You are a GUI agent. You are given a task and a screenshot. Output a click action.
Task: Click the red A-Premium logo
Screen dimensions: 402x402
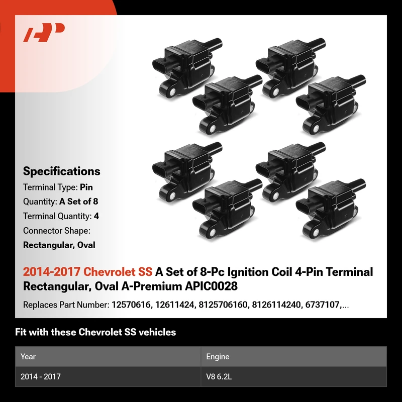pyautogui.click(x=44, y=32)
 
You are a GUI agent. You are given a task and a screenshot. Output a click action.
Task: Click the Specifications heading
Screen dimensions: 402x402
pyautogui.click(x=61, y=171)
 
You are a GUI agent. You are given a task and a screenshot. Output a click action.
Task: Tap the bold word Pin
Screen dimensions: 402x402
pyautogui.click(x=86, y=187)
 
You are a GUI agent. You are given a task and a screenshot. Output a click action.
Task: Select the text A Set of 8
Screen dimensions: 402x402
pyautogui.click(x=79, y=202)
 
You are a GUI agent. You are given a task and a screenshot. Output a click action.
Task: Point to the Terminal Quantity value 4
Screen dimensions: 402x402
pyautogui.click(x=96, y=216)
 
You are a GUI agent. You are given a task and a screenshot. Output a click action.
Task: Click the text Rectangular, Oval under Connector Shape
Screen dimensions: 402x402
pyautogui.click(x=59, y=245)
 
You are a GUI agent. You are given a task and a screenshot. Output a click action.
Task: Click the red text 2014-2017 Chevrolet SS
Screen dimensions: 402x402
pyautogui.click(x=87, y=272)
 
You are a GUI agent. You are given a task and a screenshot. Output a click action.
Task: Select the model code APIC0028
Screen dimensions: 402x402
pyautogui.click(x=211, y=286)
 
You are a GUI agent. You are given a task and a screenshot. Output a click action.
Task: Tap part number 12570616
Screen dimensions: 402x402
pyautogui.click(x=131, y=305)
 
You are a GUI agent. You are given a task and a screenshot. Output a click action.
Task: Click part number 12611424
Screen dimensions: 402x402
pyautogui.click(x=174, y=305)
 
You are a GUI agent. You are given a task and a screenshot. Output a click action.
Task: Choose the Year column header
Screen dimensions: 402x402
pyautogui.click(x=28, y=357)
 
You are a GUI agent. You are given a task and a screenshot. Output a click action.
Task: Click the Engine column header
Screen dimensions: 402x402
pyautogui.click(x=218, y=357)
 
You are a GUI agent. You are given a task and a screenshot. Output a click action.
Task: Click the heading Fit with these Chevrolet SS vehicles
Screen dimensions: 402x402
pyautogui.click(x=95, y=332)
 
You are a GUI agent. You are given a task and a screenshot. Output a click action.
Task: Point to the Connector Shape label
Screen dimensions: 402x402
pyautogui.click(x=57, y=231)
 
